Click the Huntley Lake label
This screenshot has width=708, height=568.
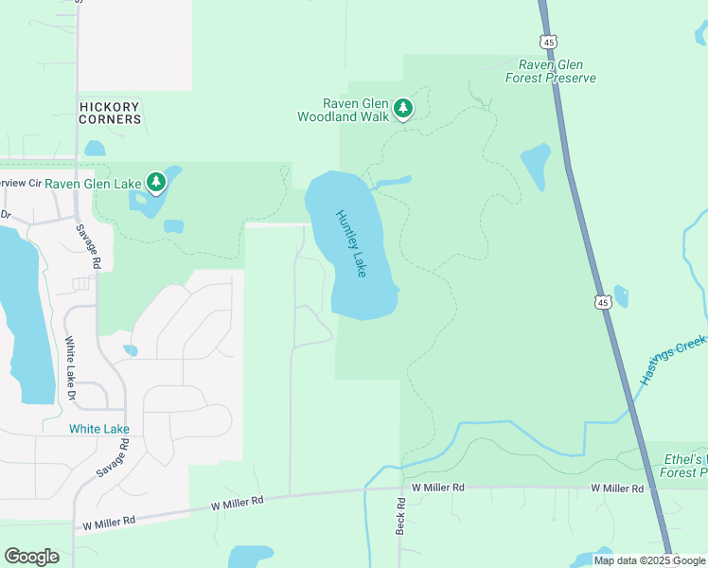click(x=350, y=243)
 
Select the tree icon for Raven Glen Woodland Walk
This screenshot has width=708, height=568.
click(x=404, y=109)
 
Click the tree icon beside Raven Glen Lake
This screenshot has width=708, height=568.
click(x=156, y=182)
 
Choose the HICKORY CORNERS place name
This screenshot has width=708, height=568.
click(x=110, y=113)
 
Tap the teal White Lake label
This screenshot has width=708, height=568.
click(x=99, y=429)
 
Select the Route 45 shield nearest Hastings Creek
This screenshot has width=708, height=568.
click(x=603, y=302)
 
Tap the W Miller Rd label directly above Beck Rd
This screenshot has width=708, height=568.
click(x=432, y=487)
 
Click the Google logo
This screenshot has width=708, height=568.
click(x=31, y=557)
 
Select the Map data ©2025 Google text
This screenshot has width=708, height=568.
click(x=650, y=560)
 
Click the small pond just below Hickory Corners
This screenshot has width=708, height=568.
click(x=95, y=149)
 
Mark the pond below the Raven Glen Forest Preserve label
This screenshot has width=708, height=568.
click(x=536, y=165)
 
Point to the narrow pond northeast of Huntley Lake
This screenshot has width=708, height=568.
click(x=394, y=181)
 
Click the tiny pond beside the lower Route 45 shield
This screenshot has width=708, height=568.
click(x=621, y=296)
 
